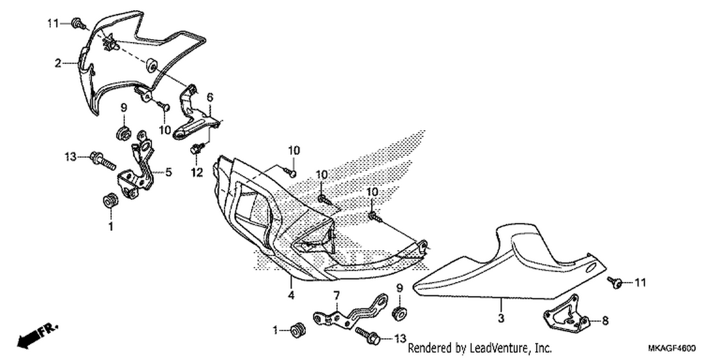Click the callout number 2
[58, 63]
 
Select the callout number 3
[501, 318]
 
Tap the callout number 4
[291, 295]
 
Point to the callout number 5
[168, 172]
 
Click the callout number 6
[210, 97]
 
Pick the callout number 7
[336, 295]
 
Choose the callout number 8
[605, 321]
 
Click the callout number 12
[197, 173]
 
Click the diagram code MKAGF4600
[672, 348]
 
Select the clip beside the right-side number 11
[615, 283]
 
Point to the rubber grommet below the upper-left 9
[123, 133]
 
